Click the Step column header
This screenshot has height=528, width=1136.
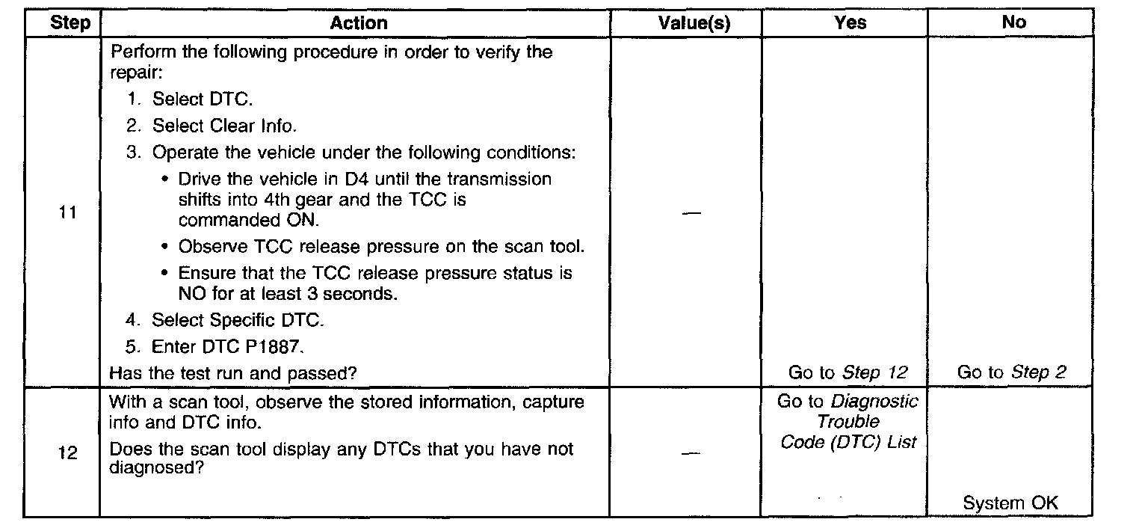(x=70, y=23)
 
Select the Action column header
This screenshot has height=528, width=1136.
(x=359, y=23)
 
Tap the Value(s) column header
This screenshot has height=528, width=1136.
(x=694, y=23)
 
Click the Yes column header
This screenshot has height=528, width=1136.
(x=850, y=23)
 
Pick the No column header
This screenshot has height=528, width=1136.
(x=1013, y=23)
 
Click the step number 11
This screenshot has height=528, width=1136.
(x=68, y=213)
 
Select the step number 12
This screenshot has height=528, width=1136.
(x=68, y=454)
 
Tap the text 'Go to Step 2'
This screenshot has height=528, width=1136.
(x=1012, y=372)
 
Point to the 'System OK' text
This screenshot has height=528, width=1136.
(x=1010, y=503)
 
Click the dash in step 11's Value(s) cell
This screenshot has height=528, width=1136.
(x=692, y=213)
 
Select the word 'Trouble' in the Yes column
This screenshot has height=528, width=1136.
(x=848, y=422)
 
